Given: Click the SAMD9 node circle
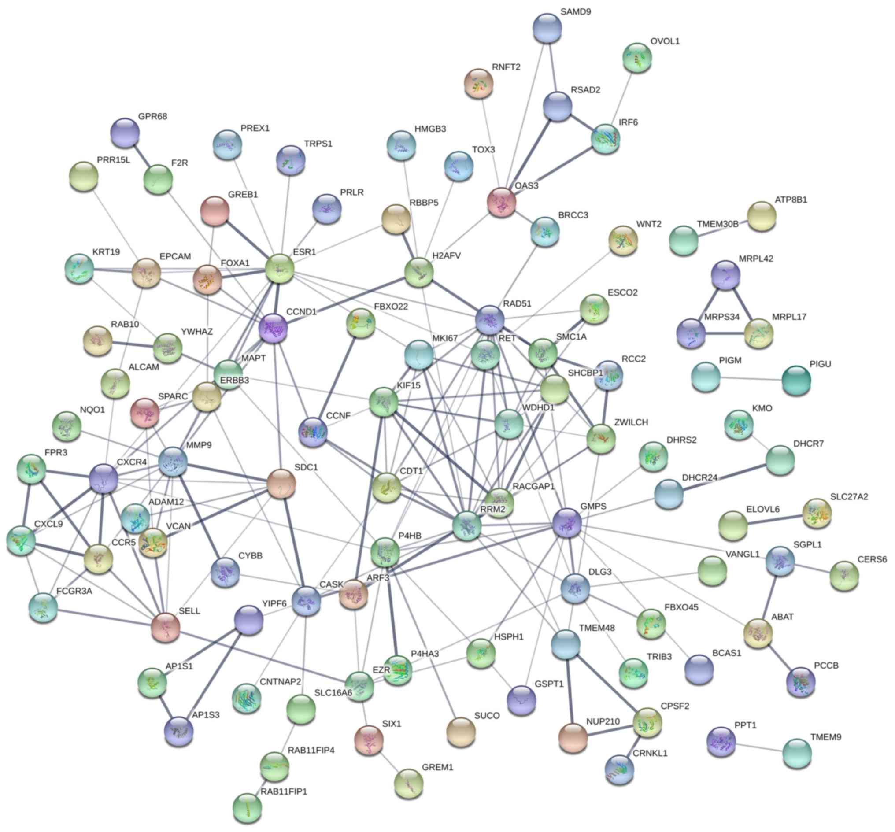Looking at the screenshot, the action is click(547, 28).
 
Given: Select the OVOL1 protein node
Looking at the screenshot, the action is click(637, 58).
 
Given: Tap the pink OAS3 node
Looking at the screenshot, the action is click(502, 202).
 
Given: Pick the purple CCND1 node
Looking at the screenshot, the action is click(273, 328).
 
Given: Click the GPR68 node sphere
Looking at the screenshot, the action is click(125, 133).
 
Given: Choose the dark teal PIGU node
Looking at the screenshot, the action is click(796, 381).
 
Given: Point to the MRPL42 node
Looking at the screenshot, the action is click(725, 275).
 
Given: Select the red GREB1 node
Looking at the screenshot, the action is click(215, 211).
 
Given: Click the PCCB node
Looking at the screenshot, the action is click(800, 682).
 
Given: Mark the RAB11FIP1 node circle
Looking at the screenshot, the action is click(248, 807).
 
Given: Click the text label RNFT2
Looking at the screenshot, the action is click(506, 67).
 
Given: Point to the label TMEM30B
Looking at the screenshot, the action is click(717, 224).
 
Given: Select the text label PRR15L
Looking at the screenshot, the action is click(114, 160).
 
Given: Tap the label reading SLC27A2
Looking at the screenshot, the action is click(849, 496).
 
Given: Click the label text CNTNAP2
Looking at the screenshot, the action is click(280, 682).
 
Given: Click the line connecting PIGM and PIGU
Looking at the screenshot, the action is click(751, 379).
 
